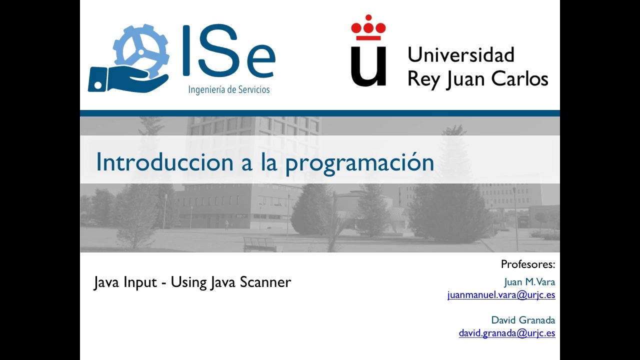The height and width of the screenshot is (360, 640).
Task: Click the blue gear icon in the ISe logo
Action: pos(141,51)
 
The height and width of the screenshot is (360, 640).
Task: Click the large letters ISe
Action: pos(229,51)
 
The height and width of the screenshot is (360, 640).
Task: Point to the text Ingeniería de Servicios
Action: pos(229,90)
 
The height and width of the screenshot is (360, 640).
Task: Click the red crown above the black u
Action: pos(368,27)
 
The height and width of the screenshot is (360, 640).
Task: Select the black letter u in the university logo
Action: pos(368,66)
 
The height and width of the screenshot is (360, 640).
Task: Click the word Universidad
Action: pos(461,54)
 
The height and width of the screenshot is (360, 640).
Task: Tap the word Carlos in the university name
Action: pos(519,78)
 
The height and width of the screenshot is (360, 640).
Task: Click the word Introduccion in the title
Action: pos(165,162)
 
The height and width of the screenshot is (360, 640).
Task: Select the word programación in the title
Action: pos(359,163)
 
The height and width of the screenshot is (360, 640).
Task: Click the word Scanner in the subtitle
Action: pos(265,282)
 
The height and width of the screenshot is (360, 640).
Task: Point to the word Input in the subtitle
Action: pos(140,282)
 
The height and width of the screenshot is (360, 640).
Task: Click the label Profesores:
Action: pos(528,264)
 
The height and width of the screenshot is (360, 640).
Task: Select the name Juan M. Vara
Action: pos(529,282)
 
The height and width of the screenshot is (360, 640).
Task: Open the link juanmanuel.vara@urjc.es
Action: pos(501,294)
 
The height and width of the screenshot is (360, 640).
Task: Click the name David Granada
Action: pos(523,320)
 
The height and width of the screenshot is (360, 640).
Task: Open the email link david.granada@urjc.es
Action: pos(507,333)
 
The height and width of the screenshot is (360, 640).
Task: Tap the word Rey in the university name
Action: pos(423,79)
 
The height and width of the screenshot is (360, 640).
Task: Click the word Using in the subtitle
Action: pos(188,282)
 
